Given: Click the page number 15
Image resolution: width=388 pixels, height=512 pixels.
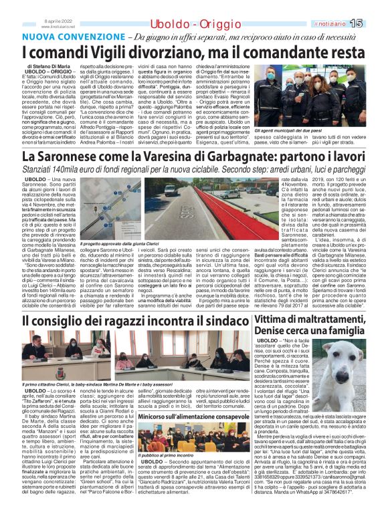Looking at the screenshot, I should (x=375, y=23).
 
